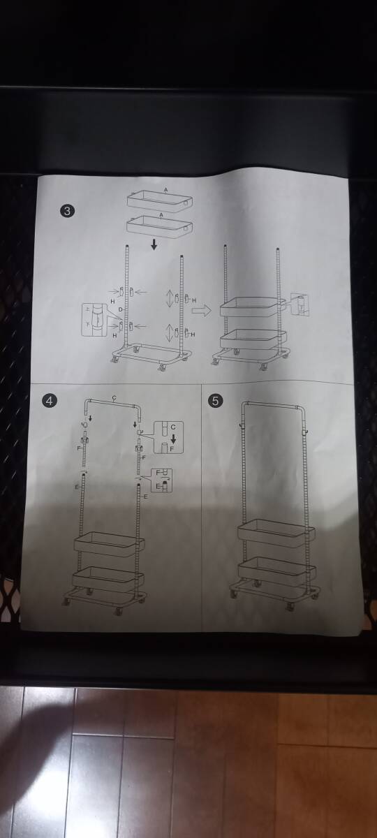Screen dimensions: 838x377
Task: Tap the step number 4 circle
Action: pos(50,400)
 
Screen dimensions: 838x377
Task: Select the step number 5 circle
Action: pos(216,400)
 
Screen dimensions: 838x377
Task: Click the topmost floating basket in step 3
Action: pos(158,200)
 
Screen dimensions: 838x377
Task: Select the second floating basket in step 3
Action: pos(158,226)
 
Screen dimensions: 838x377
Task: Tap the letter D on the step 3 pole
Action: pos(120,308)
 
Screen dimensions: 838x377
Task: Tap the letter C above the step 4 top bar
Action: pos(113,397)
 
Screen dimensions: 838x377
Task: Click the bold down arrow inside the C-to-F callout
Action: pos(172,437)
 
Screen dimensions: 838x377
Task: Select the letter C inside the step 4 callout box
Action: pos(172,425)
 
